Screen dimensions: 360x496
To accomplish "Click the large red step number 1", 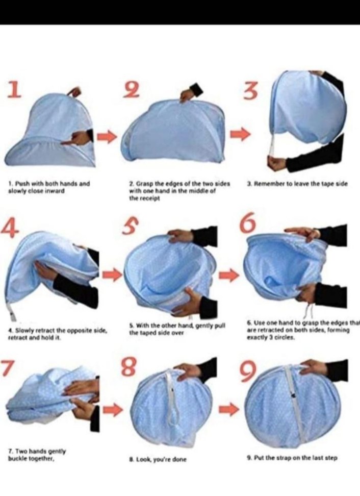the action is [15, 89].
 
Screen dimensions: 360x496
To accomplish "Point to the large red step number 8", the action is [130, 366].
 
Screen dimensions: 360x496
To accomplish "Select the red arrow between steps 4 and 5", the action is [113, 275].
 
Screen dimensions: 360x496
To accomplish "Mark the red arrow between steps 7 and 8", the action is [113, 410].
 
